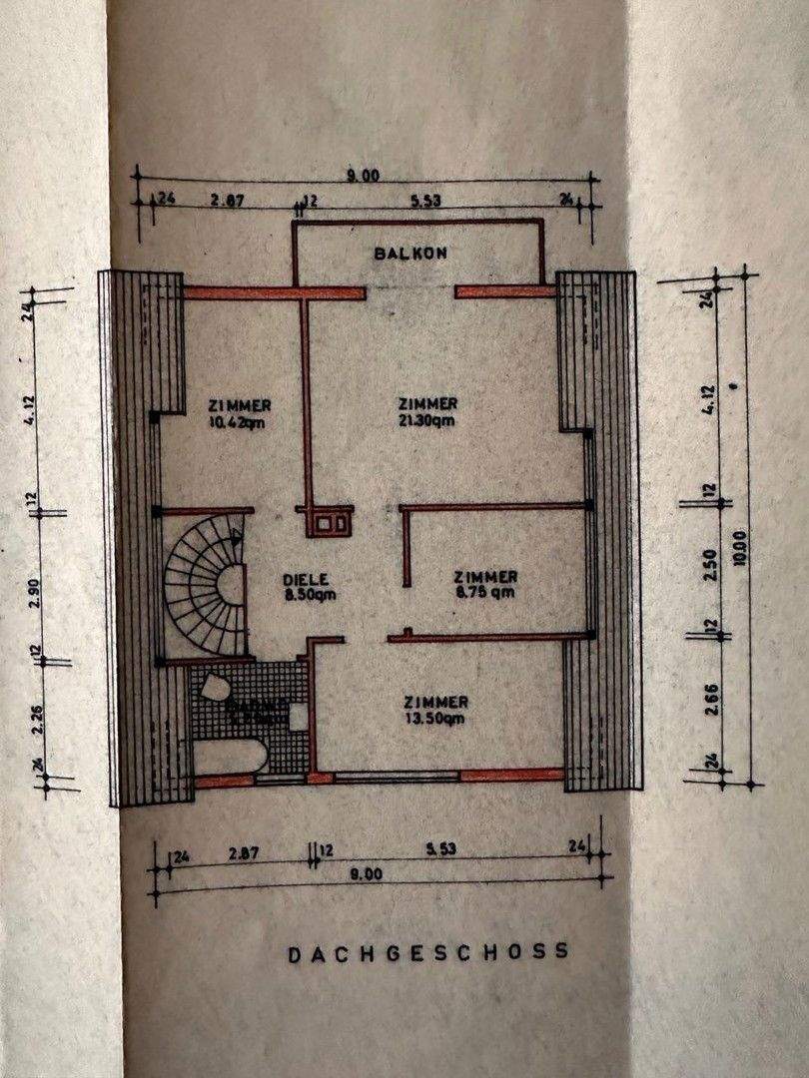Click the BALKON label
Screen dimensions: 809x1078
[410, 254]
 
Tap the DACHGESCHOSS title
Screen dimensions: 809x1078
[429, 952]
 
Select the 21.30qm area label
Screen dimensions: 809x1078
[427, 420]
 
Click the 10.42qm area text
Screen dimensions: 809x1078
[240, 421]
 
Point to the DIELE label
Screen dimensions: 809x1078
[306, 579]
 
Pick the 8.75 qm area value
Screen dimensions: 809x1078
[485, 592]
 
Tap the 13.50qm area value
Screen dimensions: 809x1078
[435, 719]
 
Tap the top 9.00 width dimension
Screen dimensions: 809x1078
[364, 176]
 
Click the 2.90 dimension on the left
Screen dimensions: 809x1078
[36, 587]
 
